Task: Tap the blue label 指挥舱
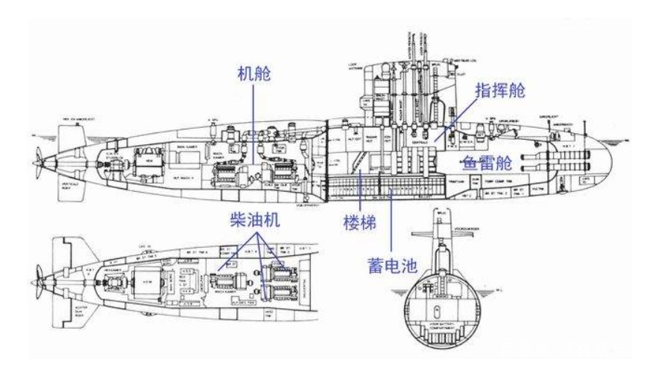point(499,92)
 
